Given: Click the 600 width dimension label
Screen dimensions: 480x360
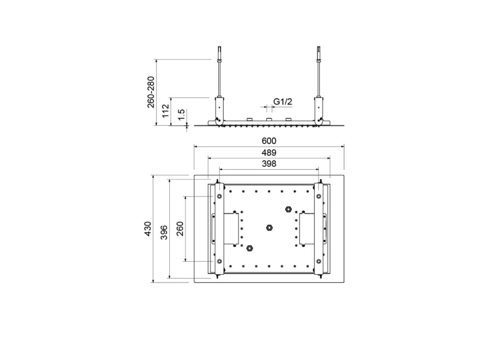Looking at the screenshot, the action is pos(269,141).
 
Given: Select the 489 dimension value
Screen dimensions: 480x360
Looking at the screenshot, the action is pos(269,152).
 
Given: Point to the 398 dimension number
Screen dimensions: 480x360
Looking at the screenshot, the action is pos(269,164).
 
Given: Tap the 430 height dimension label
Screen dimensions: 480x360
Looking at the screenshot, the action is pos(148,229).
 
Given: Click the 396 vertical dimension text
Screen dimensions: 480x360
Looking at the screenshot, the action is pos(164,232).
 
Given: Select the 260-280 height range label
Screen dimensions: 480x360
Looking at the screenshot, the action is pos(151,92).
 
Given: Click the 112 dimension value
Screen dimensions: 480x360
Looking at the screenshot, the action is pos(166,111).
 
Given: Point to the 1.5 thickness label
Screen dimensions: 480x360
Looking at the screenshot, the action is pos(181,115).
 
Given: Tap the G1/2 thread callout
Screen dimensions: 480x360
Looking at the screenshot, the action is pos(282,102).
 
